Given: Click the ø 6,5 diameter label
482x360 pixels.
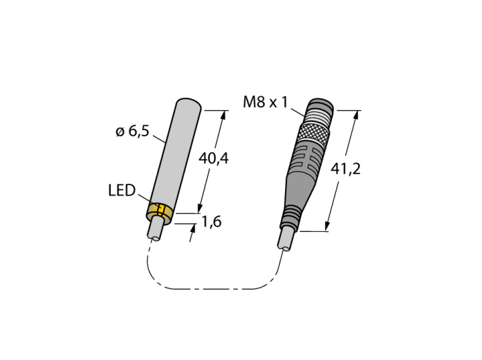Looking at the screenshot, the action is pyautogui.click(x=132, y=131).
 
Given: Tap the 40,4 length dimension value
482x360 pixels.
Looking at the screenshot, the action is pyautogui.click(x=213, y=159).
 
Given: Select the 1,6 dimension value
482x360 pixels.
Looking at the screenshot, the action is pyautogui.click(x=211, y=222).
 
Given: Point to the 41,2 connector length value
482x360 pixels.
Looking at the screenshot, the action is pyautogui.click(x=345, y=169).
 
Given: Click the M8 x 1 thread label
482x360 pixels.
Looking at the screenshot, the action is pyautogui.click(x=265, y=102).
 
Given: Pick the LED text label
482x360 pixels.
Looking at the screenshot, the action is pyautogui.click(x=122, y=191).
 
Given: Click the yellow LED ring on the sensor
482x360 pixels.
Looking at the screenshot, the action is pyautogui.click(x=160, y=213).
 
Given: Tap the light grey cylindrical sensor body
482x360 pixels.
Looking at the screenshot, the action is pyautogui.click(x=174, y=153).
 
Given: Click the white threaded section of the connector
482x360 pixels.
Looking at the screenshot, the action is pyautogui.click(x=319, y=119).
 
